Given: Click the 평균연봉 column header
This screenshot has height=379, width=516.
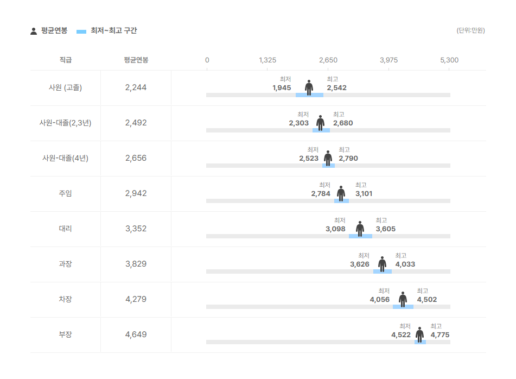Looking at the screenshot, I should [136, 60].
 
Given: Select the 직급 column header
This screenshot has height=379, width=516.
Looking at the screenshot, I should [65, 60].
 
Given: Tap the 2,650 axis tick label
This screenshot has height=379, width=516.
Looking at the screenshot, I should [328, 60].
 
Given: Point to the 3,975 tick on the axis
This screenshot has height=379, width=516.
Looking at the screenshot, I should [388, 60].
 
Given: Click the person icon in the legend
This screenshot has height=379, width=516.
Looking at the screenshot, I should [34, 31].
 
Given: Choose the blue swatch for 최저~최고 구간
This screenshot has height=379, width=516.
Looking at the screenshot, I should [81, 31].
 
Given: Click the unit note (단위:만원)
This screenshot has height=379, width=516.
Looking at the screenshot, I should [470, 30].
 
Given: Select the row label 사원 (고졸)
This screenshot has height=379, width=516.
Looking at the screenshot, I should [65, 87].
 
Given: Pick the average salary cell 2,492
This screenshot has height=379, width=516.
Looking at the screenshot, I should [136, 123].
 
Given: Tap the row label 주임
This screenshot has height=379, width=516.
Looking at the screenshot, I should [65, 193].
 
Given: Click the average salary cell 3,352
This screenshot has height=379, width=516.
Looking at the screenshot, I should [136, 229].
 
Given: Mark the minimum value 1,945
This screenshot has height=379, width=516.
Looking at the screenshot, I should [282, 88].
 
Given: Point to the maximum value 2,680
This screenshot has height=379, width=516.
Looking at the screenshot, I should [343, 123].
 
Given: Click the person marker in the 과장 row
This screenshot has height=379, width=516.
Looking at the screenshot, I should [383, 264].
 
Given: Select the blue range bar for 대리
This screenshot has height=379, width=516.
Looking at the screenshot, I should [360, 236].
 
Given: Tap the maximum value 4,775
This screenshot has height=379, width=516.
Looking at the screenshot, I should [440, 335].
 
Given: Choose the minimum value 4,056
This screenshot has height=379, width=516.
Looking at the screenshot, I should [380, 300].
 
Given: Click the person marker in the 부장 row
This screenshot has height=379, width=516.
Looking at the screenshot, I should [420, 334].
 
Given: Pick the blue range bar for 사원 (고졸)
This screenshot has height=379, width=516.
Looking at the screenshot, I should [309, 95].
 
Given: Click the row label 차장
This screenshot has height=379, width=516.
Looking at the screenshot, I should [65, 299].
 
